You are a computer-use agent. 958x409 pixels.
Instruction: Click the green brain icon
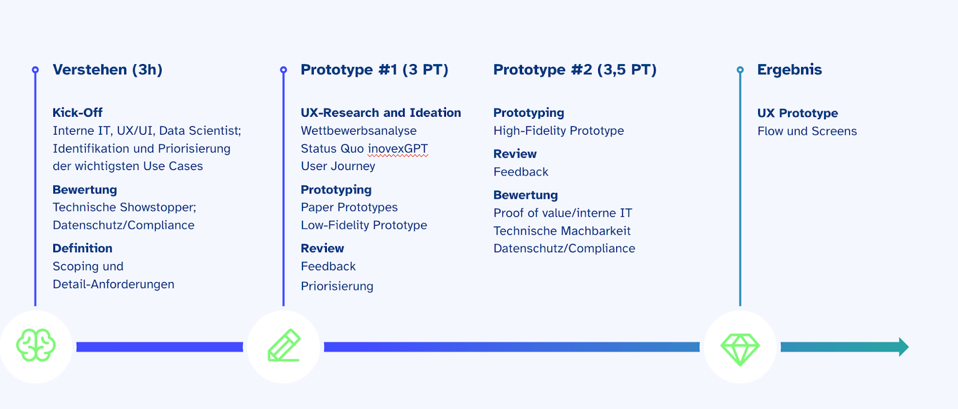pyautogui.click(x=36, y=346)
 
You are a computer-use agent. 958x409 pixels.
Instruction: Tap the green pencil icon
pyautogui.click(x=284, y=346)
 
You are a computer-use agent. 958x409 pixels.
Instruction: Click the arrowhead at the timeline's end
pyautogui.click(x=904, y=347)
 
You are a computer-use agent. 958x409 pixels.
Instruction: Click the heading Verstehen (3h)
pyautogui.click(x=107, y=69)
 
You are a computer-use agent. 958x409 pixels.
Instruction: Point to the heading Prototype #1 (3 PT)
pyautogui.click(x=374, y=69)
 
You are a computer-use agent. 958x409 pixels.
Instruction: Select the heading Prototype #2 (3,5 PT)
pyautogui.click(x=575, y=69)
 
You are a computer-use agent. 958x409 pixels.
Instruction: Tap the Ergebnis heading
pyautogui.click(x=790, y=69)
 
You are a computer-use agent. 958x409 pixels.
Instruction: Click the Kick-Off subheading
pyautogui.click(x=77, y=113)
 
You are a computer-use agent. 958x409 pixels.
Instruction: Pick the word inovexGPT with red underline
pyautogui.click(x=398, y=149)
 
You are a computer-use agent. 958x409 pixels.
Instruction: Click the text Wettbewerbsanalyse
pyautogui.click(x=359, y=131)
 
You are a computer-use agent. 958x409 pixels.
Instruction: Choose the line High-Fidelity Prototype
pyautogui.click(x=559, y=131)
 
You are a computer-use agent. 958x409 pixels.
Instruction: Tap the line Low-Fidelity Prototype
pyautogui.click(x=364, y=225)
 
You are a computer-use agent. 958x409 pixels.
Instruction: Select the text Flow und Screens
pyautogui.click(x=807, y=131)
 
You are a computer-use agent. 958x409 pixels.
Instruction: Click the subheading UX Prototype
pyautogui.click(x=798, y=113)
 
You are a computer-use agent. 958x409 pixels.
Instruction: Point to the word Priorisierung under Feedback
pyautogui.click(x=337, y=286)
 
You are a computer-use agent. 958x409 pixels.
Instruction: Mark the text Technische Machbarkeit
pyautogui.click(x=562, y=231)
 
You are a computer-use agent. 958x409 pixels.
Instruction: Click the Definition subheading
pyautogui.click(x=83, y=248)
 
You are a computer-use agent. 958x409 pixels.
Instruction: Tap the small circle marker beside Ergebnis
pyautogui.click(x=740, y=69)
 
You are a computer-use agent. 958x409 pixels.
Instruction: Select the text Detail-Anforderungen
pyautogui.click(x=113, y=284)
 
